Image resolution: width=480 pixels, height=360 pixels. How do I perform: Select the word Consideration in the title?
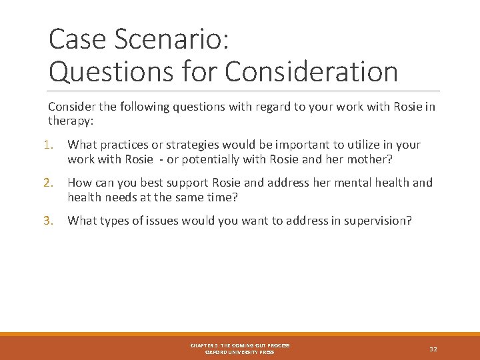click(311, 72)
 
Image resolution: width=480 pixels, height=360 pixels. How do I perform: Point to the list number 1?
click(53, 145)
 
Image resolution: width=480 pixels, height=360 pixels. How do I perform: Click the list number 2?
click(53, 183)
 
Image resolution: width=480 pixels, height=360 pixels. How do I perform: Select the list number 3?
click(53, 221)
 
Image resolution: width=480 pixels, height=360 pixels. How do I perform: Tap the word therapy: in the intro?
click(69, 120)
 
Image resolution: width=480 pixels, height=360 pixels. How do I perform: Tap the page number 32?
click(433, 349)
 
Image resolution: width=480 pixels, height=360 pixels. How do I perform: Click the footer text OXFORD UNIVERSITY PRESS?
click(240, 352)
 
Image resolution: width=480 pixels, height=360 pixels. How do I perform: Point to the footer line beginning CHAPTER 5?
click(240, 345)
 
